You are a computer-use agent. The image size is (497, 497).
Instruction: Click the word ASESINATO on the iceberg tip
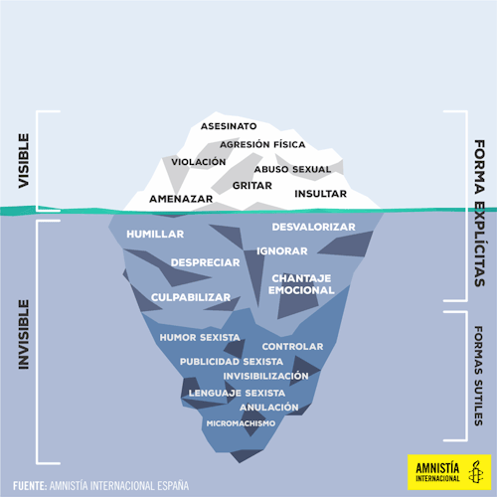(x=229, y=126)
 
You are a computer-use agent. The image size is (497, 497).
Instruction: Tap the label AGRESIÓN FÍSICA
(x=262, y=144)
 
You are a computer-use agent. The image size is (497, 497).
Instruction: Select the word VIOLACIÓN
(x=199, y=162)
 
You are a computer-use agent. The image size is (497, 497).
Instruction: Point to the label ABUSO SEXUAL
(x=292, y=169)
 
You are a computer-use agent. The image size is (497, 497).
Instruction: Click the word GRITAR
(x=252, y=186)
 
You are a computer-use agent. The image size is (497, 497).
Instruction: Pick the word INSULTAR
(x=320, y=194)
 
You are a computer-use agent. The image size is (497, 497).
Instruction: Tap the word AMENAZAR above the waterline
(x=181, y=199)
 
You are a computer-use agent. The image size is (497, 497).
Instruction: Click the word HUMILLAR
(x=155, y=235)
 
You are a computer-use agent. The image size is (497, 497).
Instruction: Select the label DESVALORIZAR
(x=313, y=227)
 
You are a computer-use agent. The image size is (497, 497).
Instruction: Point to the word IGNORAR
(x=282, y=251)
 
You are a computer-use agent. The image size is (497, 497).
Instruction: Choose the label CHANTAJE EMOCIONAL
(x=301, y=284)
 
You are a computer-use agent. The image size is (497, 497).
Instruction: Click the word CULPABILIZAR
(x=191, y=297)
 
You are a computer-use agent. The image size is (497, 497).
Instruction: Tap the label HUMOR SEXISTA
(x=200, y=338)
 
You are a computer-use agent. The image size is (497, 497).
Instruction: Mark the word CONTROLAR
(x=292, y=347)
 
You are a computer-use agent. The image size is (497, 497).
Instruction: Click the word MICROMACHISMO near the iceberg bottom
(x=241, y=423)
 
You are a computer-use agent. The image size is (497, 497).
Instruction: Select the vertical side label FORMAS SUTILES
(x=479, y=376)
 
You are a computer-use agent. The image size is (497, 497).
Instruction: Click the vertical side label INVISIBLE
(x=24, y=335)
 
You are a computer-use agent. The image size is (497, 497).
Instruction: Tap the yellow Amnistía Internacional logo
(x=449, y=472)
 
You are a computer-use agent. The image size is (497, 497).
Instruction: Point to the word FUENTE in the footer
(x=30, y=486)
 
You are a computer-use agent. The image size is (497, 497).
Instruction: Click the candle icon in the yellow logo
(x=476, y=471)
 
